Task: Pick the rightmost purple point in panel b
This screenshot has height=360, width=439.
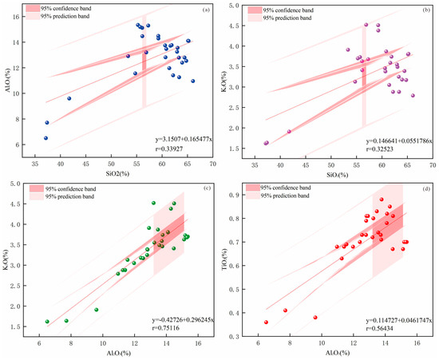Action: pos(413,96)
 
